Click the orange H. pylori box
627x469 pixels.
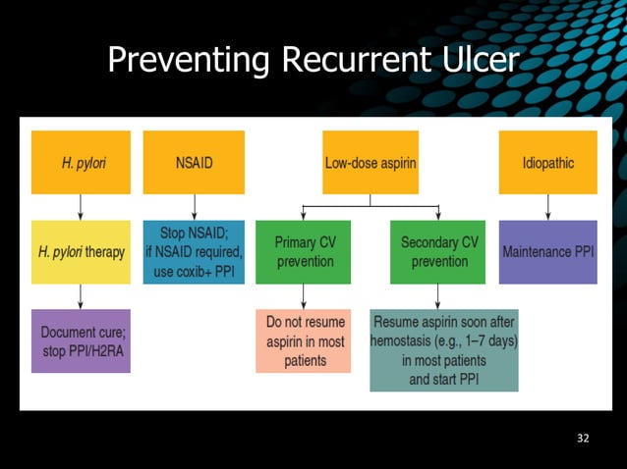pos(81,163)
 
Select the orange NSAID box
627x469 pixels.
pos(193,163)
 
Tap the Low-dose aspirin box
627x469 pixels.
pos(370,163)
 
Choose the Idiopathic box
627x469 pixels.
pos(547,163)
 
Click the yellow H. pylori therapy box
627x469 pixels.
pos(81,252)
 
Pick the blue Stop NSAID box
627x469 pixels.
pos(193,252)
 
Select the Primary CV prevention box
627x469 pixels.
pos(303,252)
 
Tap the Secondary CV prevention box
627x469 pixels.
pos(438,252)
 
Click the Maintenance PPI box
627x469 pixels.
pos(547,252)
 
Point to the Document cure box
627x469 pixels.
pos(81,340)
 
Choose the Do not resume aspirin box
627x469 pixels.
pos(303,340)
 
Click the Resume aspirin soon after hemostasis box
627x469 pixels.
pos(443,350)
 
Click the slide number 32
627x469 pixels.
pos(583,438)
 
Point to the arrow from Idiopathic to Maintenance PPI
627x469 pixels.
pos(547,207)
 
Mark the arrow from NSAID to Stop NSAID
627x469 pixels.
pos(193,207)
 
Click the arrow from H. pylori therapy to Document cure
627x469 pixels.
pos(81,296)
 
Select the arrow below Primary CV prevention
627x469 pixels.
pos(303,296)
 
